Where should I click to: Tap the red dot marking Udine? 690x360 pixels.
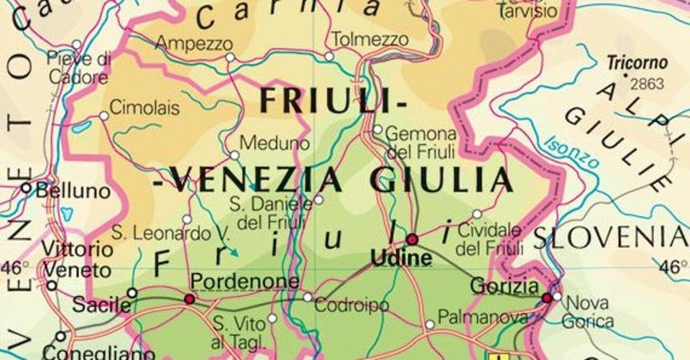point(412,239)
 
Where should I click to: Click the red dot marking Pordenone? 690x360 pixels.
point(190,298)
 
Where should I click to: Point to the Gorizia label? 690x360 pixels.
point(504,285)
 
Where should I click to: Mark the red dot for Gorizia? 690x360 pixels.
point(547,297)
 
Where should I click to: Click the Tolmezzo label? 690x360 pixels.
point(371,39)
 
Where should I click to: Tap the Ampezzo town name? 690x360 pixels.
point(194,43)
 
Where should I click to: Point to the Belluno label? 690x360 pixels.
point(73,191)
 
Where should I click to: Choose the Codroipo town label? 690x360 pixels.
point(351,305)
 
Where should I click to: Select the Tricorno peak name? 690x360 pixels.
point(637,63)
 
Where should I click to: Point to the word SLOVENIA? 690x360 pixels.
point(610,236)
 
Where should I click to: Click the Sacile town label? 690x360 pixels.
point(101,305)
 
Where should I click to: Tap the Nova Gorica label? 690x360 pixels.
point(588,311)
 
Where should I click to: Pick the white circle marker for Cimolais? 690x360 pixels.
point(103,115)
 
